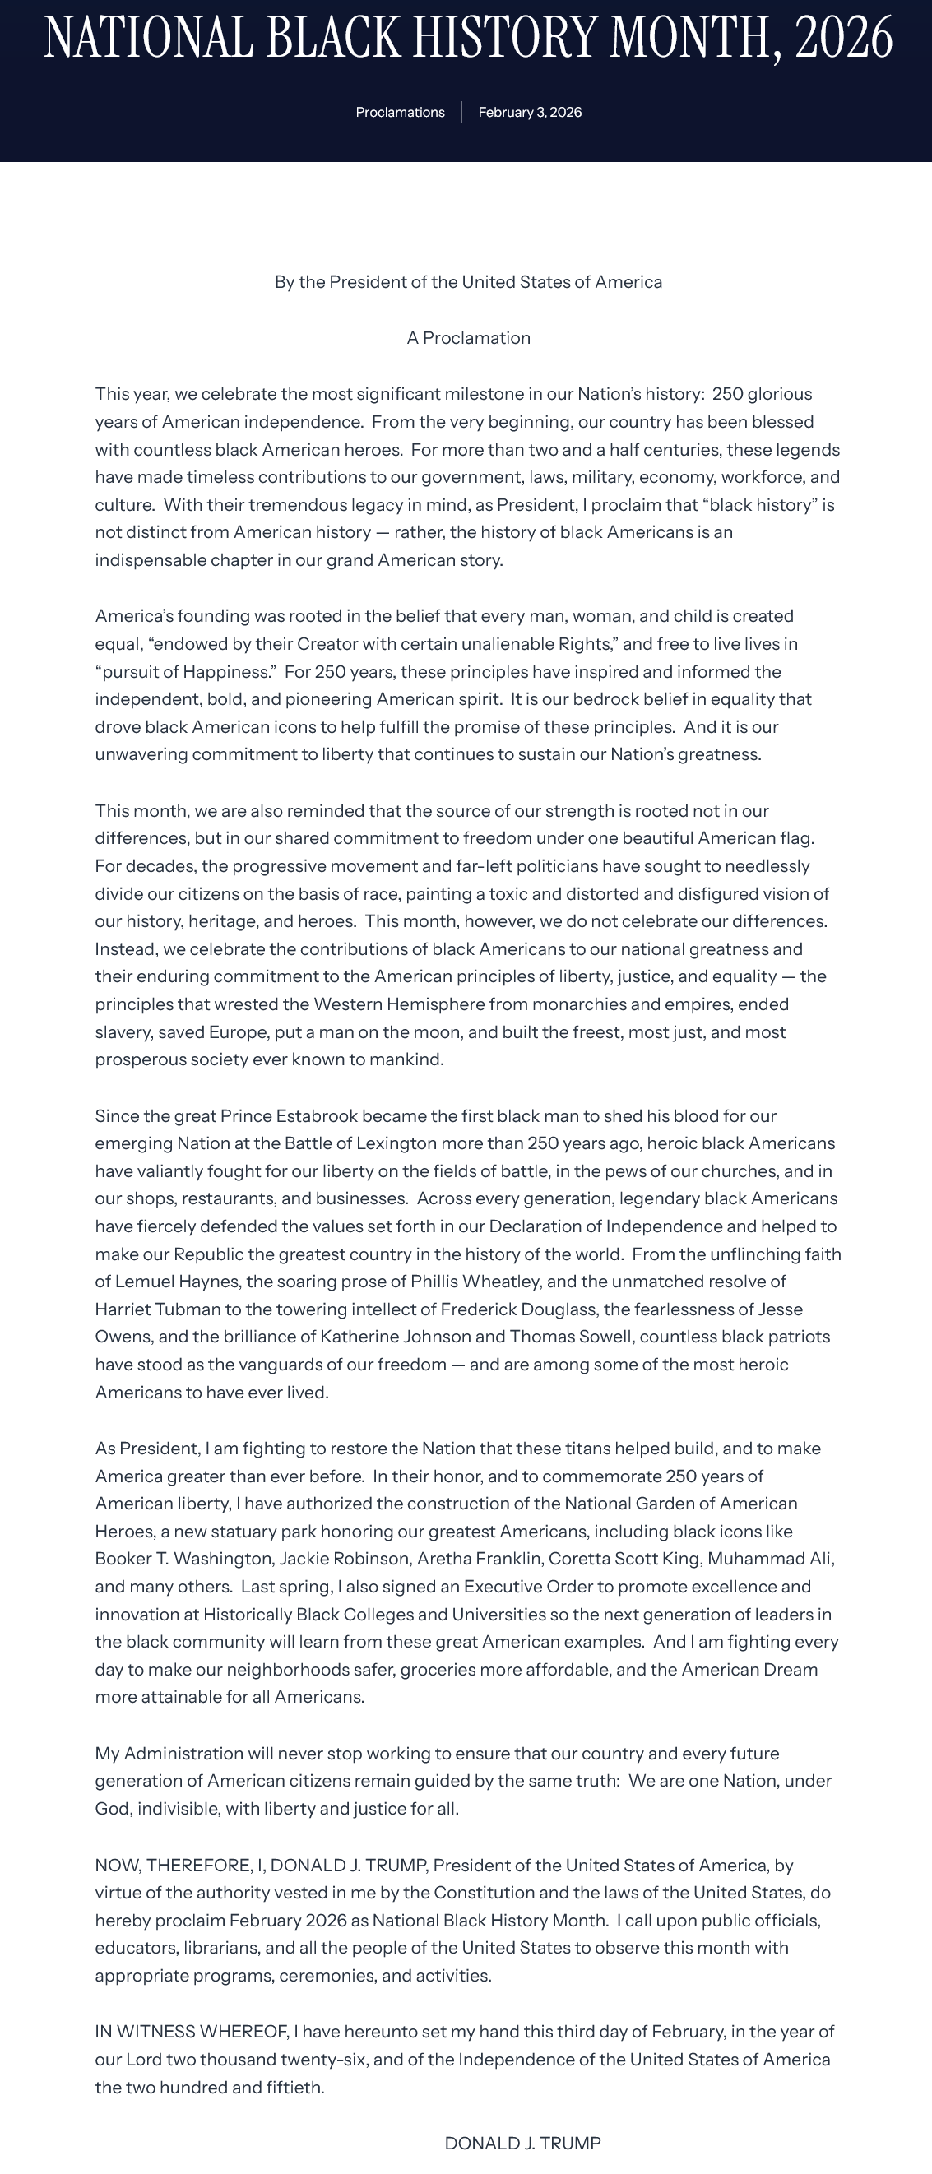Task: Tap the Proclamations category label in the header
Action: pos(400,112)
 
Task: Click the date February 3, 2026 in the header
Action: pos(530,112)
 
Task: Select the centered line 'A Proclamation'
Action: pos(469,338)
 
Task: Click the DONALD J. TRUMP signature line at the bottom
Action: pos(522,2144)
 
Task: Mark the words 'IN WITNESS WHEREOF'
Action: pos(190,2033)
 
